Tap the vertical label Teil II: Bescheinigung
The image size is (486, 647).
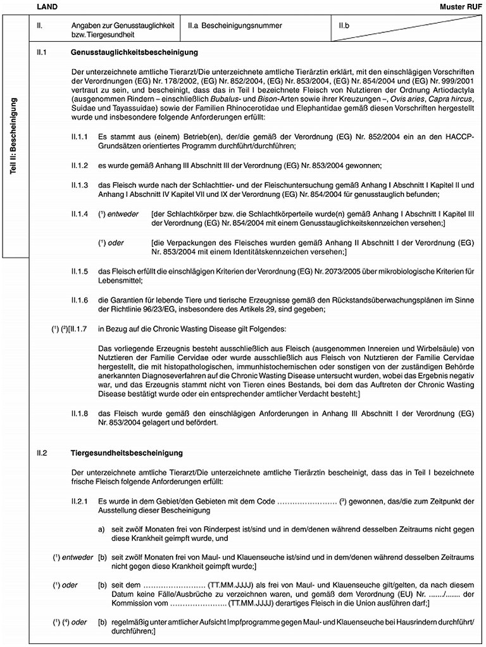coord(14,139)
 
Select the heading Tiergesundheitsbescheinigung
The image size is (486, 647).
coord(126,453)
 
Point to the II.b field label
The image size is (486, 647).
coord(345,26)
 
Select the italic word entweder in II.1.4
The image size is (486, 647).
coord(123,214)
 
